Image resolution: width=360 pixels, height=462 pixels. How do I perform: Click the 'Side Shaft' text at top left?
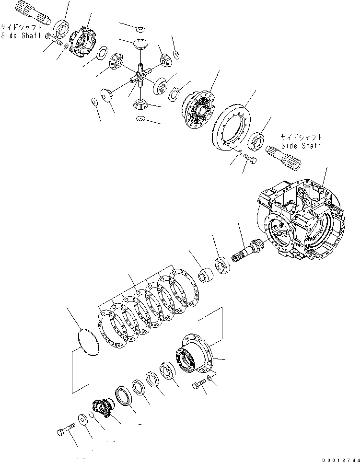pos(21,36)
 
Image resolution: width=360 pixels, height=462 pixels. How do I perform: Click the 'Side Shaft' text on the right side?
pos(301,145)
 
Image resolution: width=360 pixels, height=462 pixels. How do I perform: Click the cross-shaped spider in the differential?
pos(140,76)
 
